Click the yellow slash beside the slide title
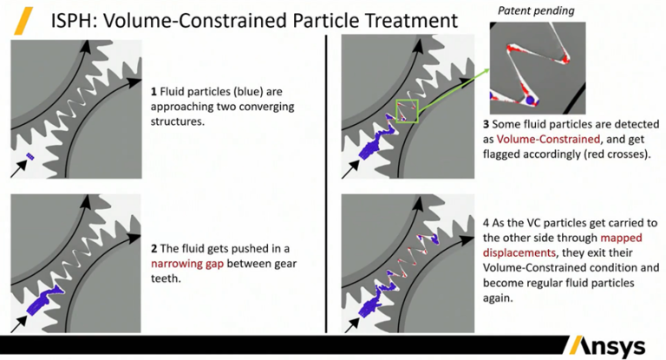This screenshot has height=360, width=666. click(x=23, y=21)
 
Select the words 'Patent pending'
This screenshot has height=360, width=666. click(x=536, y=10)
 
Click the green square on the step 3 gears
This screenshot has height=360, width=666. click(x=407, y=111)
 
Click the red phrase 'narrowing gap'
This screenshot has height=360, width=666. click(x=187, y=264)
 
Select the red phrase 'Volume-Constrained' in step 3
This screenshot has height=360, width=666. click(x=548, y=139)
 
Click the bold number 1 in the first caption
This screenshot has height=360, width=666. click(x=153, y=91)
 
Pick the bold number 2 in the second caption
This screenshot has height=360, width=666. click(x=154, y=248)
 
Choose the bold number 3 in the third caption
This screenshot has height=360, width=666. click(x=486, y=124)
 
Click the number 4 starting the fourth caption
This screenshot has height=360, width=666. click(x=486, y=223)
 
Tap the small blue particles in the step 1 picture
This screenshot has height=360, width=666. click(x=30, y=156)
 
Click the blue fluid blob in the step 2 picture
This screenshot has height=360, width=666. click(x=42, y=299)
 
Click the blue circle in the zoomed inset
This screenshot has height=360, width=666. click(x=530, y=101)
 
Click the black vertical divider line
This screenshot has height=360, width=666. click(x=326, y=184)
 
